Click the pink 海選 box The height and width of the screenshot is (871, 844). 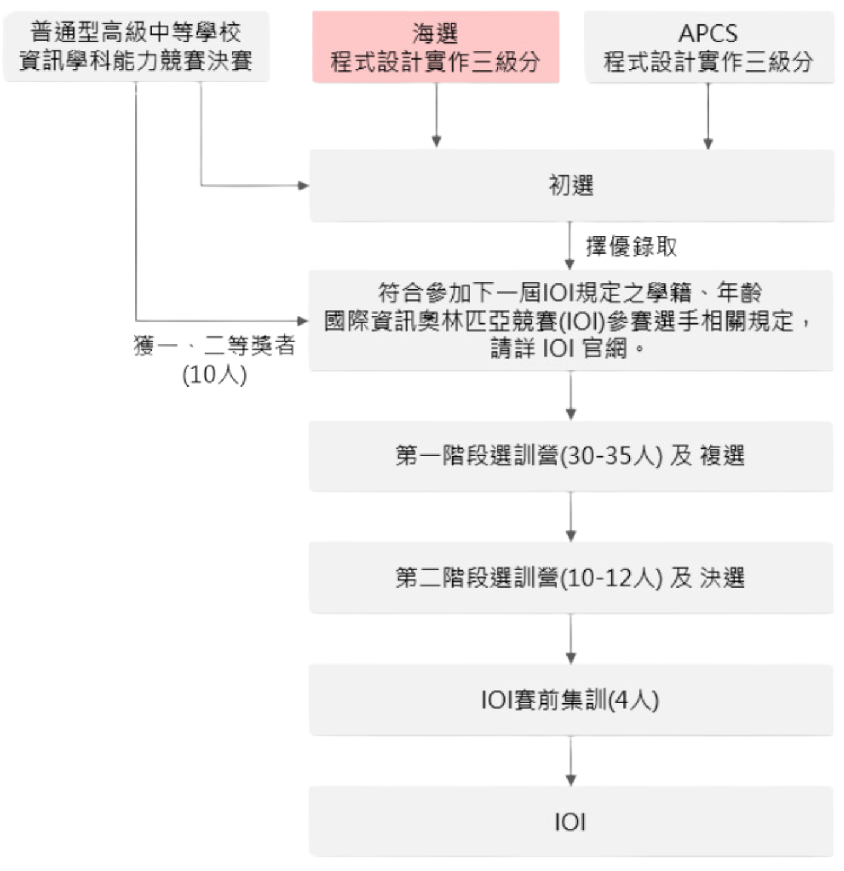(436, 47)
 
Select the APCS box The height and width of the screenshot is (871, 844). (709, 47)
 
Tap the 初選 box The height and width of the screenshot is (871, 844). (572, 186)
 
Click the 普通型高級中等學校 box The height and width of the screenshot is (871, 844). (137, 47)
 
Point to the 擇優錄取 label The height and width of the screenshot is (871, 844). (632, 246)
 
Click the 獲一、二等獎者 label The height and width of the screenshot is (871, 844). (214, 345)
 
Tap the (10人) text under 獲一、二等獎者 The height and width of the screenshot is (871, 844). (214, 375)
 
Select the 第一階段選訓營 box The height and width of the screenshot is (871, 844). (571, 456)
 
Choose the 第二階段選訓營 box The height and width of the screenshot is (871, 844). (571, 577)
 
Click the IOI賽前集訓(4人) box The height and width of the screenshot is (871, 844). (571, 700)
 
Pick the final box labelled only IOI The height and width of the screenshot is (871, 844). (571, 821)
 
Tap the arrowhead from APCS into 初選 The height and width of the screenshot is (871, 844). (708, 143)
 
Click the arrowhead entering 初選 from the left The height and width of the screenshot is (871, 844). (304, 186)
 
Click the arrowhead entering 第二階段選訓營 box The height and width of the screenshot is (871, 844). (571, 536)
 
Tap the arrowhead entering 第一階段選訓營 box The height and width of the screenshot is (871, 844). (571, 415)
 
